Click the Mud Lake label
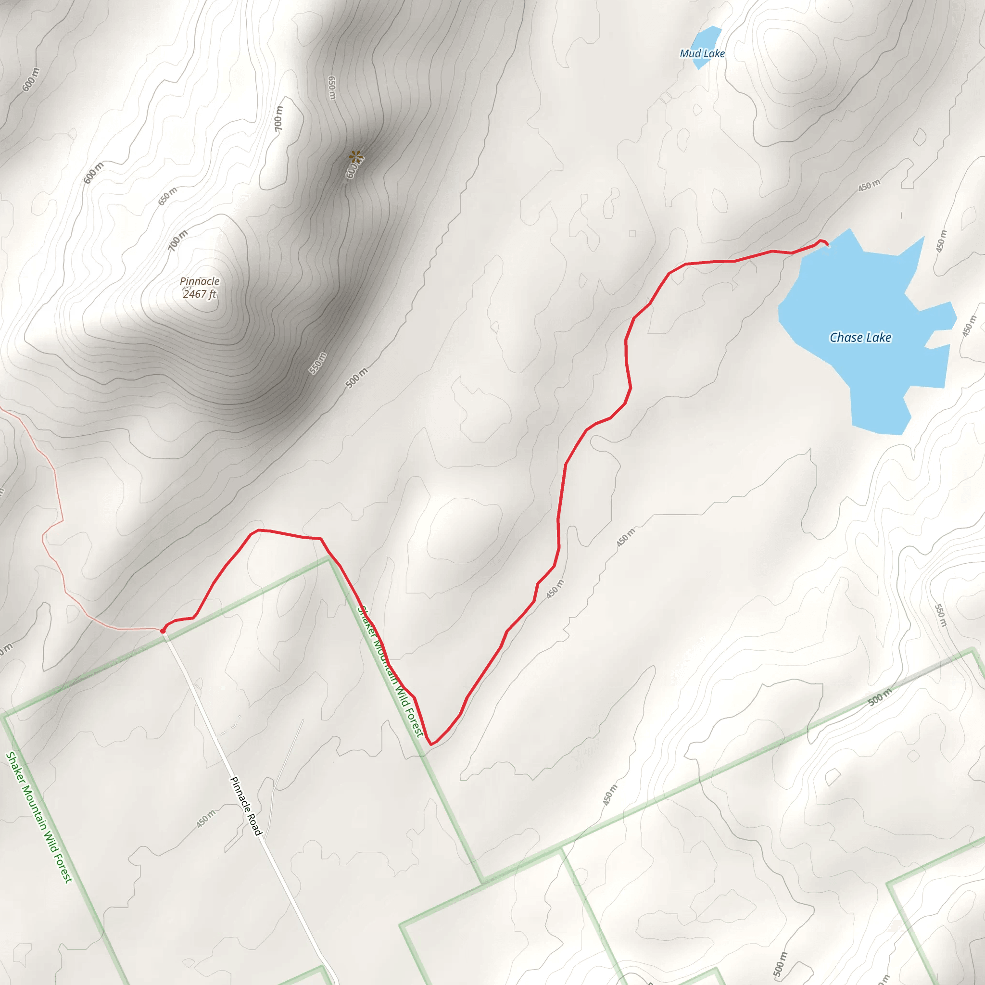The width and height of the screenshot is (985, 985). [x=702, y=53]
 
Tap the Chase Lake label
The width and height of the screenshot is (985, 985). [x=860, y=338]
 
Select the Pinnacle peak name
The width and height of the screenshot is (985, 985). [x=199, y=281]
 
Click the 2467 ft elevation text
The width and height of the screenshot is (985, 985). [x=199, y=294]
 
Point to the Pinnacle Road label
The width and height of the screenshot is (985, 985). [x=246, y=806]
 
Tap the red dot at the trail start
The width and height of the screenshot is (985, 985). [x=163, y=631]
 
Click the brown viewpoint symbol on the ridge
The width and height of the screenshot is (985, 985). [x=355, y=155]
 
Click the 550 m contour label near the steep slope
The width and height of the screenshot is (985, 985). [x=317, y=363]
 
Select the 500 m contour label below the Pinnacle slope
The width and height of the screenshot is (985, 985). [x=356, y=378]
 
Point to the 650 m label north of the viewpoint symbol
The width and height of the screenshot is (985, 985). [x=332, y=88]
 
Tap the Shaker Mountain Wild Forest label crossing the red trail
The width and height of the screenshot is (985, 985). [x=390, y=671]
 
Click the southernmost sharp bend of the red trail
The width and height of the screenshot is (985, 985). [x=431, y=745]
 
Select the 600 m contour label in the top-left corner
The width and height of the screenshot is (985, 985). [x=31, y=80]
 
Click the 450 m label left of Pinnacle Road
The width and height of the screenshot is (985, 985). [x=206, y=819]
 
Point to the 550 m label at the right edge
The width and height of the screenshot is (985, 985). [x=941, y=615]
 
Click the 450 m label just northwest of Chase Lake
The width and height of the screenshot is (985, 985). [x=869, y=186]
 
